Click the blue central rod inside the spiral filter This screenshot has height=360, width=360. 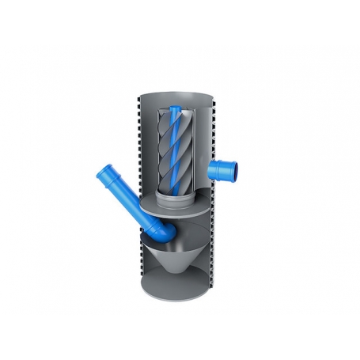pos(176,150)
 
